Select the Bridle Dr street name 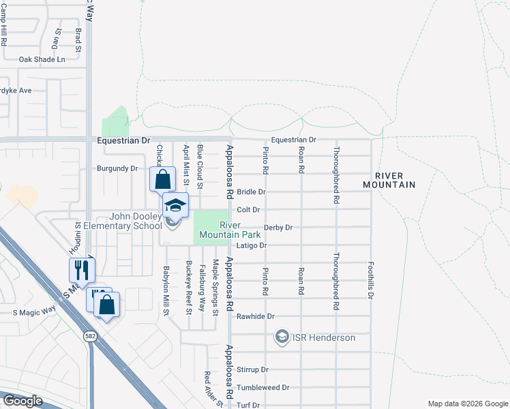tap(251, 192)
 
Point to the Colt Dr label tap(248, 210)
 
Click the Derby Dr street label tap(279, 228)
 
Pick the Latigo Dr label tap(251, 245)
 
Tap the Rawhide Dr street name tap(255, 316)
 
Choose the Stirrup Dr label tap(254, 369)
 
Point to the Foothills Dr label tap(371, 280)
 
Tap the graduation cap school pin tap(175, 204)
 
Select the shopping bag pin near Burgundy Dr tap(162, 179)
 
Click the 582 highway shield tap(90, 336)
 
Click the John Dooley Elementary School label tap(114, 221)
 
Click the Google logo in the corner tap(22, 401)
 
